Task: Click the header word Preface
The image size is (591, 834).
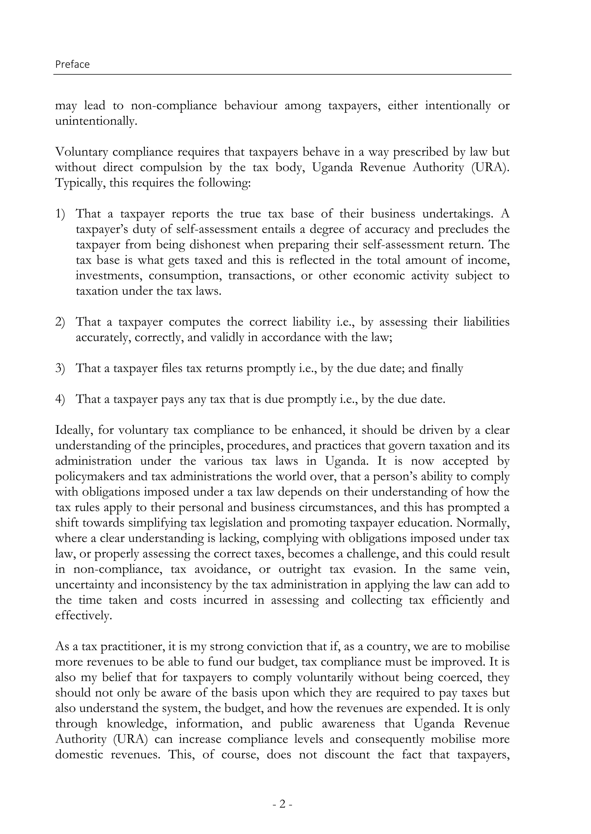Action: (x=72, y=64)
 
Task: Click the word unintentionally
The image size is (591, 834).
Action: (x=96, y=121)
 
